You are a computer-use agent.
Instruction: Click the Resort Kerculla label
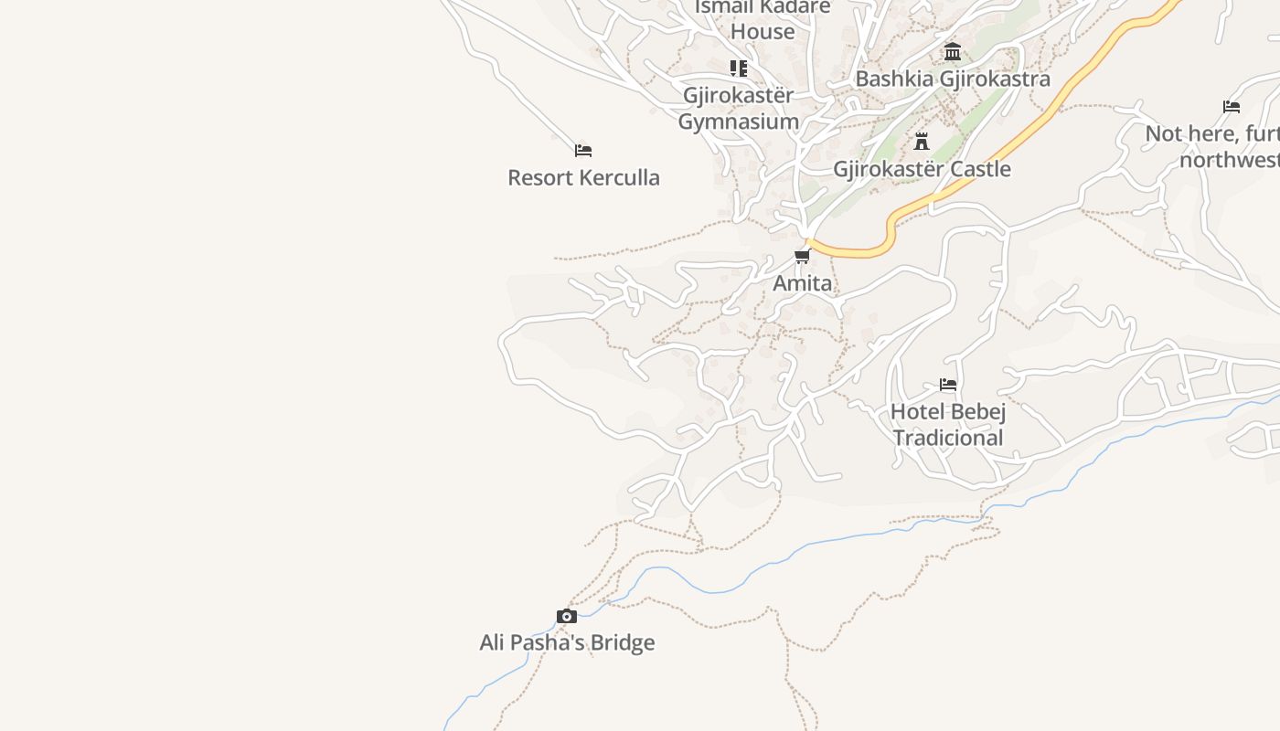point(583,177)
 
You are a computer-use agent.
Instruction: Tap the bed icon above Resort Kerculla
point(583,150)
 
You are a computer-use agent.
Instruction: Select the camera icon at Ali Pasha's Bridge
point(567,616)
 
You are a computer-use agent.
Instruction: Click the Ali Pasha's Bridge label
point(567,642)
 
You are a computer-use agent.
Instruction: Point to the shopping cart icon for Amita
point(802,256)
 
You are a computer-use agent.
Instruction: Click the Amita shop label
point(802,283)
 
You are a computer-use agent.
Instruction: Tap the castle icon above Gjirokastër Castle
point(922,142)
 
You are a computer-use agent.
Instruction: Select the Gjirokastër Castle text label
point(922,169)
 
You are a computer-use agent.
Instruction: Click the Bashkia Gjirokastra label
point(952,79)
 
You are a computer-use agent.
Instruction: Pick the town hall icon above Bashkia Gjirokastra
point(953,51)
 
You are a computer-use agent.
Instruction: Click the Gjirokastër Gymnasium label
point(739,108)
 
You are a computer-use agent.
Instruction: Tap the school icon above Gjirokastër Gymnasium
point(739,68)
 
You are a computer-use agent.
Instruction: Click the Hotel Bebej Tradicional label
point(948,424)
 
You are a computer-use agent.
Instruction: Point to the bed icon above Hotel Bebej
point(948,385)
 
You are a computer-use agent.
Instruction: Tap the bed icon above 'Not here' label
point(1232,107)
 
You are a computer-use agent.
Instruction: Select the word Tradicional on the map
point(948,438)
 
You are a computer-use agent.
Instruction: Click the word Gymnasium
point(739,122)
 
